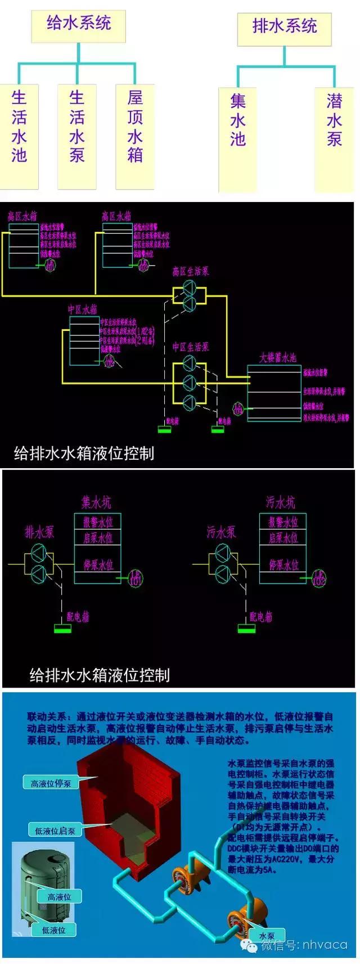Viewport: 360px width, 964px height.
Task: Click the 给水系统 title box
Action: (x=78, y=25)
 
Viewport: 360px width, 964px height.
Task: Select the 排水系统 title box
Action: (x=284, y=27)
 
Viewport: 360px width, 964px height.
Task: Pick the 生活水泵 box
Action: (x=77, y=135)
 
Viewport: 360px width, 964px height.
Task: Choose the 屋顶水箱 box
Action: (x=135, y=135)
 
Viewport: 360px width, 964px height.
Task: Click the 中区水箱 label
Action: (x=83, y=310)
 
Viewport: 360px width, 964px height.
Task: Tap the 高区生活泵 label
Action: (x=190, y=272)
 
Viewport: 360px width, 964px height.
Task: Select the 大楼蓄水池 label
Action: (x=277, y=358)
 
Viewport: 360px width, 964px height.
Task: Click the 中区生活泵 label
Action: (x=190, y=347)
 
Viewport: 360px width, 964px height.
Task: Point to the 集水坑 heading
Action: (x=96, y=502)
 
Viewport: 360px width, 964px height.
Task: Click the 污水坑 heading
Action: (x=280, y=502)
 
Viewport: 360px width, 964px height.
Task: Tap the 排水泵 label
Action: (x=39, y=532)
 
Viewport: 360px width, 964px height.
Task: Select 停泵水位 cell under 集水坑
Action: (x=98, y=564)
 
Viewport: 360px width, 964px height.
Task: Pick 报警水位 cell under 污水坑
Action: (x=283, y=522)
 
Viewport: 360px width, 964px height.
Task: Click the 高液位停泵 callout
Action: (x=51, y=783)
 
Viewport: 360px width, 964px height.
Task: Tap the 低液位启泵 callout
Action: (x=55, y=831)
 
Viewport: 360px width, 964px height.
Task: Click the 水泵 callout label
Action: (x=267, y=936)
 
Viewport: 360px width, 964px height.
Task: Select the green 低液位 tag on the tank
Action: (x=53, y=930)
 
